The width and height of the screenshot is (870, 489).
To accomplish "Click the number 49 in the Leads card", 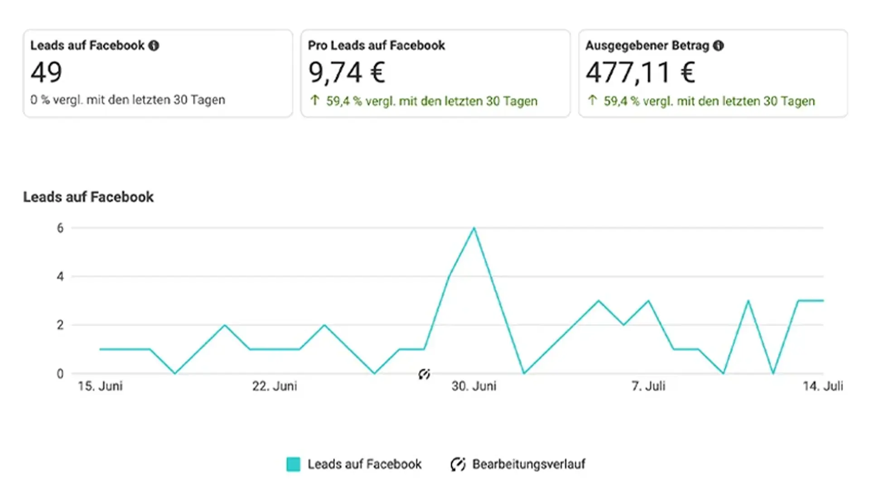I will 46,72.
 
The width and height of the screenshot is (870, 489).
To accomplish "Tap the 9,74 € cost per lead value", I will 347,72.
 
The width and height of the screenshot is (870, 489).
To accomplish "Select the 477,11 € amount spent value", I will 640,72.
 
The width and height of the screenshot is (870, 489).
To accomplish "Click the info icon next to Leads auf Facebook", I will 154,46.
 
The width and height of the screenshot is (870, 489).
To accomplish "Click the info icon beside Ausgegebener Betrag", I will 718,46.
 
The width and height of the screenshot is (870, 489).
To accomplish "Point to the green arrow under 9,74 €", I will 315,100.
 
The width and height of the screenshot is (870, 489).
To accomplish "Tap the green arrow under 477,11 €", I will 592,100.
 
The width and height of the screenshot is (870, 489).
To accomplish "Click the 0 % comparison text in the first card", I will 128,100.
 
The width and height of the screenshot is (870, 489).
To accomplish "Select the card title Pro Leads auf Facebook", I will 376,46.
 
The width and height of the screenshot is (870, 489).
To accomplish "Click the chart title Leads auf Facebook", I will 88,197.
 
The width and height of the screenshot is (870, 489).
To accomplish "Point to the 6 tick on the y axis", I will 60,228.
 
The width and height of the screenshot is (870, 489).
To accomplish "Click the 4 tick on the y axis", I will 60,277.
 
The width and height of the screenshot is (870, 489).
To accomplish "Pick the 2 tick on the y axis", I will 60,325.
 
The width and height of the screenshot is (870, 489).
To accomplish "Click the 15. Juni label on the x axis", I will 100,386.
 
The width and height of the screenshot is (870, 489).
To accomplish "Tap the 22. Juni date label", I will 275,386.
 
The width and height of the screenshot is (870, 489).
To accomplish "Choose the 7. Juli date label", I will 648,386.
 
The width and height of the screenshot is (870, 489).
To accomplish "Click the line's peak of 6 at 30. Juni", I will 474,228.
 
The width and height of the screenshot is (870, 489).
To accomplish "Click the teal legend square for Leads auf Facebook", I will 293,465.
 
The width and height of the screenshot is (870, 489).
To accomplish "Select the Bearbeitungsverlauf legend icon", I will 458,465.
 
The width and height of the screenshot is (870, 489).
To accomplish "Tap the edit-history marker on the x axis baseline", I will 424,374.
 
